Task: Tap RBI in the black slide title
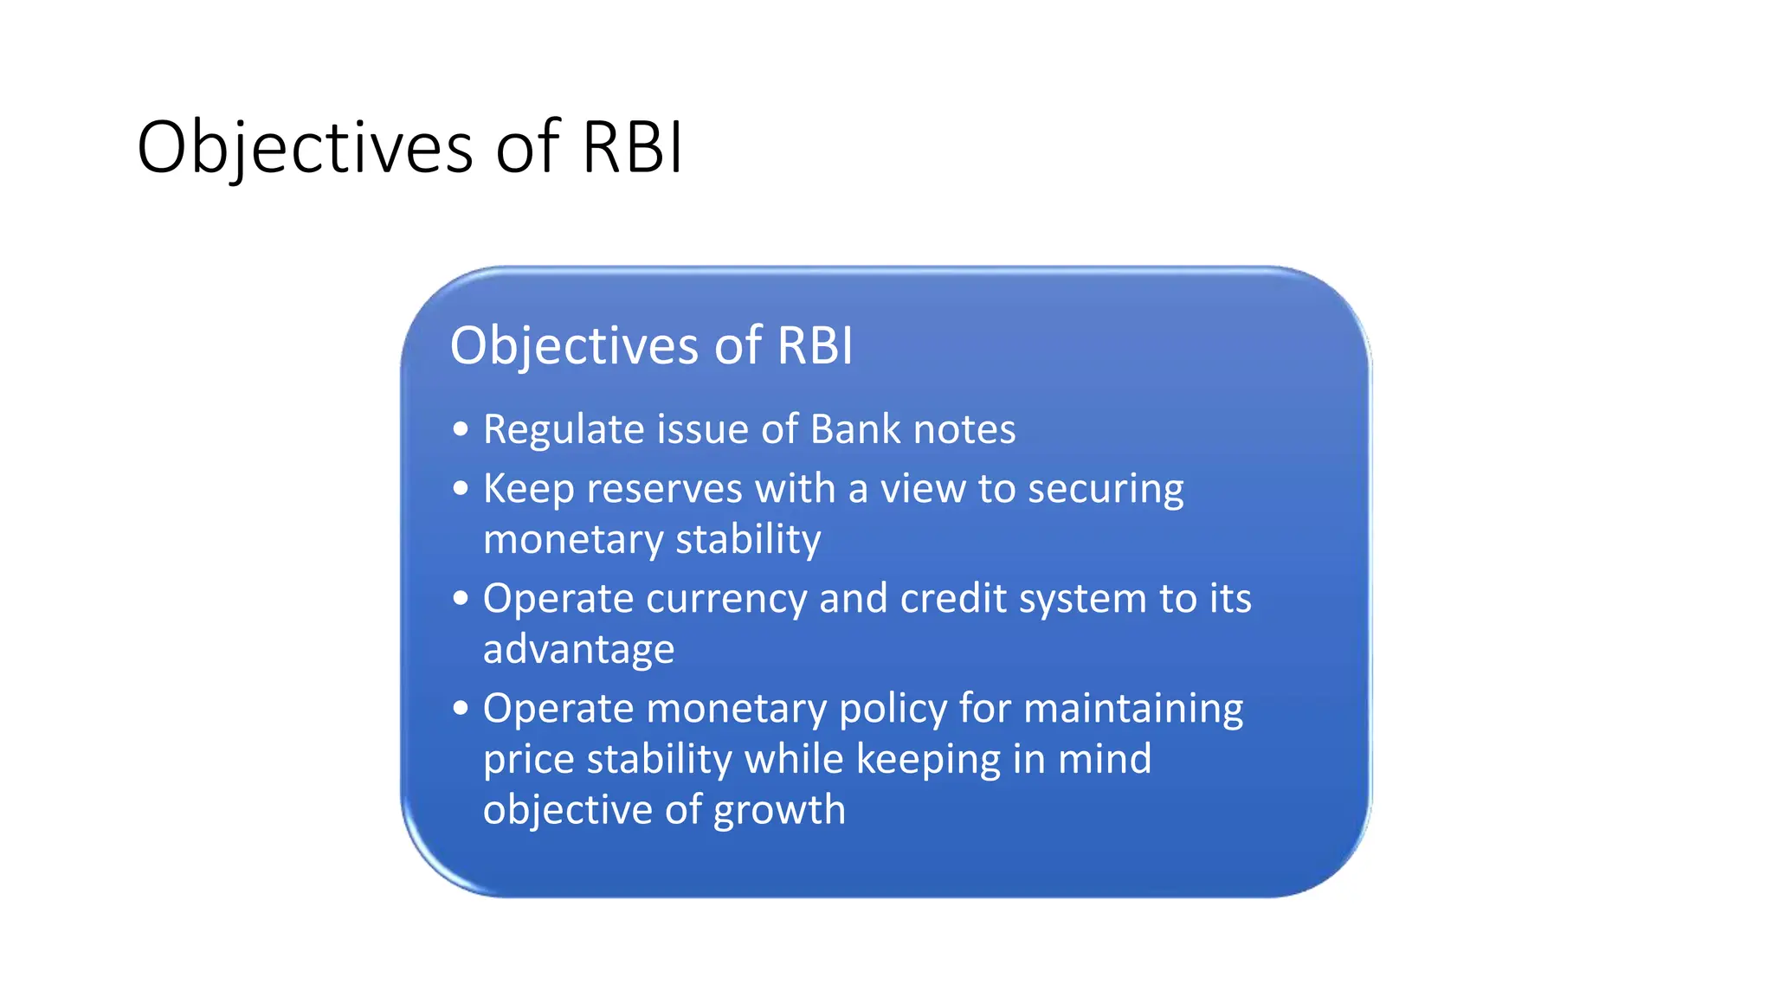[632, 148]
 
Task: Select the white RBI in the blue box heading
[815, 346]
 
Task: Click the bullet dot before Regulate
[461, 428]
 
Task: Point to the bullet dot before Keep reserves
[461, 488]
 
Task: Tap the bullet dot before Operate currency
[461, 598]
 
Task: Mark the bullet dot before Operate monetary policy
[461, 708]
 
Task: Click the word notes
[964, 430]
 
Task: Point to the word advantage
[578, 650]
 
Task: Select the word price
[528, 760]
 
